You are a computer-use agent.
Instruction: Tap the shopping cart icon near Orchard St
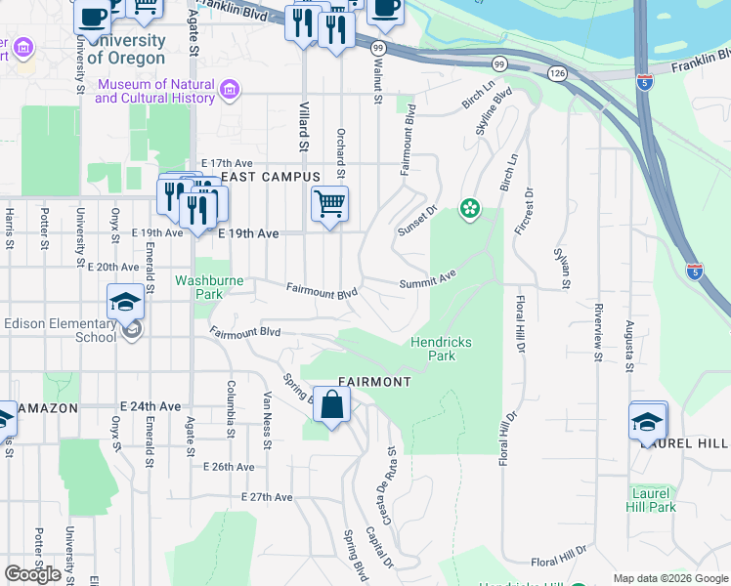(x=330, y=205)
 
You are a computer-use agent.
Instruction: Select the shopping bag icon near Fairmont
(x=332, y=404)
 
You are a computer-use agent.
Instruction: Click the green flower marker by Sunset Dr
(x=470, y=208)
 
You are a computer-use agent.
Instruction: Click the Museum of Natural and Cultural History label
(x=154, y=91)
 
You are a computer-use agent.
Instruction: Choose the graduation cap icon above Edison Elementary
(x=126, y=303)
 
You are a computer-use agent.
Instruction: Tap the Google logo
(x=32, y=574)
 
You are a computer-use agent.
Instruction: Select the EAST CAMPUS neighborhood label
(x=271, y=177)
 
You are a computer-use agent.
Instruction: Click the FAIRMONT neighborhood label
(x=374, y=381)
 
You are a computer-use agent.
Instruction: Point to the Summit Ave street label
(x=427, y=281)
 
